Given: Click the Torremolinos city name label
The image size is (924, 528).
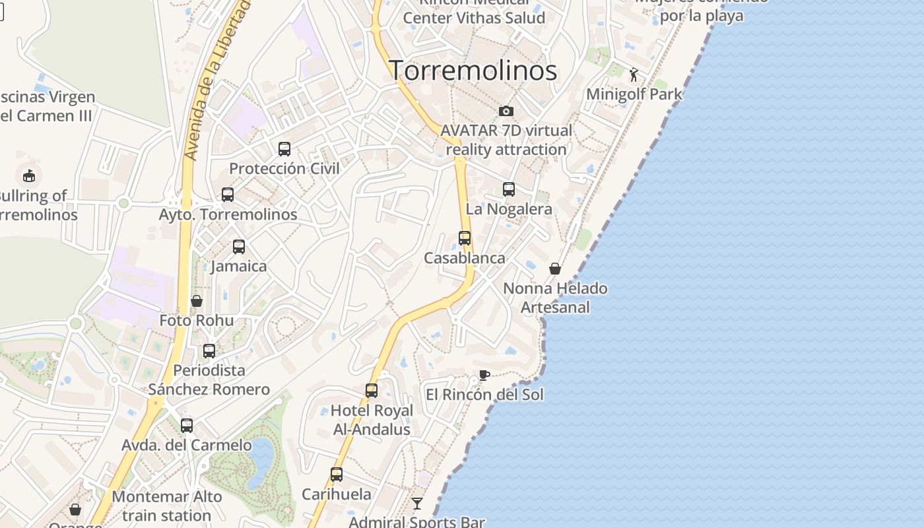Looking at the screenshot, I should pyautogui.click(x=473, y=71).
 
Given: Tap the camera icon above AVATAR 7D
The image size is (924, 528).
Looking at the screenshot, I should pyautogui.click(x=506, y=111).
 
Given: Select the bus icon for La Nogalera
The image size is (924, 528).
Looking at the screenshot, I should pyautogui.click(x=509, y=189).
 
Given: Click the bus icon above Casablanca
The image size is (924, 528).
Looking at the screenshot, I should pyautogui.click(x=465, y=238).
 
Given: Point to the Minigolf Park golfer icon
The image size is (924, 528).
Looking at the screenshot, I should pyautogui.click(x=634, y=75).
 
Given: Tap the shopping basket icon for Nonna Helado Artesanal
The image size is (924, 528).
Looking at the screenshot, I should pyautogui.click(x=555, y=269).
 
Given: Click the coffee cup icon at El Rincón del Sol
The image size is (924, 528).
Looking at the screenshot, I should pyautogui.click(x=484, y=376).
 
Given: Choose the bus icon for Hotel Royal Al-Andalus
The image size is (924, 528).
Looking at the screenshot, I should pyautogui.click(x=372, y=391).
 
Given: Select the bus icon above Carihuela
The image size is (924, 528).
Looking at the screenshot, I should pyautogui.click(x=337, y=475).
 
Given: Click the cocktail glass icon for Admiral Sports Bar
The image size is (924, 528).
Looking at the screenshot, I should pyautogui.click(x=417, y=504).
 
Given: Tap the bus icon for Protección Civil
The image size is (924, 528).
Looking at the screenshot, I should pyautogui.click(x=284, y=149).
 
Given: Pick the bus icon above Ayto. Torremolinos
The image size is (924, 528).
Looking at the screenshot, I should pyautogui.click(x=228, y=195).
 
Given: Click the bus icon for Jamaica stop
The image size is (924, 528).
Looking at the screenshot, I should pyautogui.click(x=239, y=247).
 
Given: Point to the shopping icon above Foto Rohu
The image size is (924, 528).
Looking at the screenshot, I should pyautogui.click(x=197, y=301).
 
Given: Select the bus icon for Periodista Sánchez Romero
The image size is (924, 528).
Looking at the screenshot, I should pyautogui.click(x=209, y=351).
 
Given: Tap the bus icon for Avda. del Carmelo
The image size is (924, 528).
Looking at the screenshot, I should pyautogui.click(x=187, y=426).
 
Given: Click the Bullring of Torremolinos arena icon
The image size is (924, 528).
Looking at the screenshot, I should pyautogui.click(x=28, y=176).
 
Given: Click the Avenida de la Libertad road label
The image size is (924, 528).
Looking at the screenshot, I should pyautogui.click(x=218, y=79).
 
